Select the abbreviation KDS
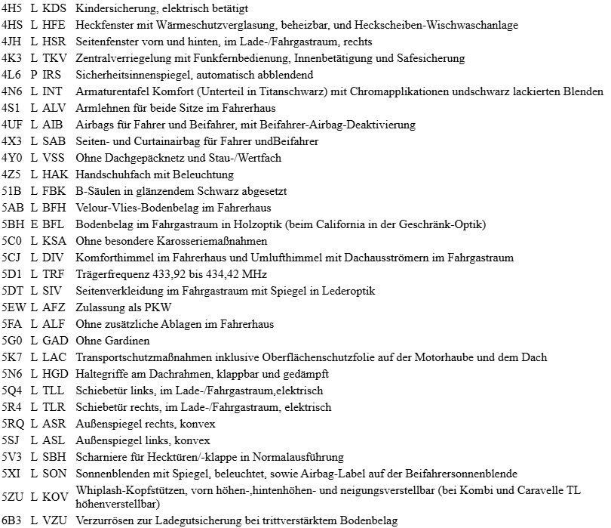click(54, 8)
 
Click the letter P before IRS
click(34, 75)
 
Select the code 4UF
click(11, 125)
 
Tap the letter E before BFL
click(34, 224)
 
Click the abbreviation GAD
click(54, 341)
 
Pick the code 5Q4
click(11, 391)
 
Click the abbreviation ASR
click(54, 424)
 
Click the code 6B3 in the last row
click(11, 520)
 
